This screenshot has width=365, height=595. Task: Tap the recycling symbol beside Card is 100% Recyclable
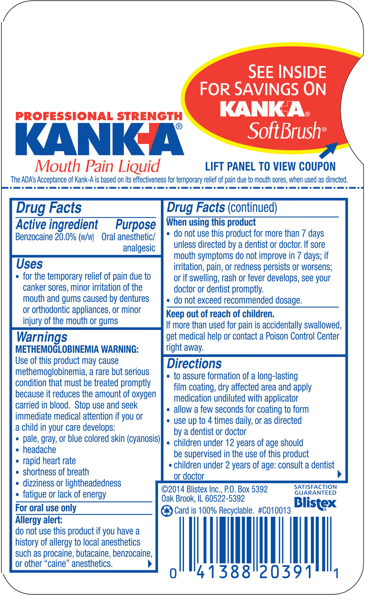click(x=166, y=511)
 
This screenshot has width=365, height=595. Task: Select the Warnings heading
click(x=42, y=337)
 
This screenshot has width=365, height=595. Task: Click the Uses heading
click(x=29, y=264)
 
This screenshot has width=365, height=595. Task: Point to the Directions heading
click(x=194, y=364)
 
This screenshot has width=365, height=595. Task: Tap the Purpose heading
click(x=136, y=225)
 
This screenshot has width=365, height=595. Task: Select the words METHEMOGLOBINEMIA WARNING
click(x=77, y=349)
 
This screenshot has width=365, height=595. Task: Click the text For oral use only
click(x=46, y=508)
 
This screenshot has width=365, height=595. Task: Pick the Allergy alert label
click(x=39, y=520)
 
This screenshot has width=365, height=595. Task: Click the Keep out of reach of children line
click(x=220, y=314)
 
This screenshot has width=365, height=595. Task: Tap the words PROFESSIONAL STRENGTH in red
click(x=99, y=116)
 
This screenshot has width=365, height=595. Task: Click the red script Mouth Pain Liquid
click(x=97, y=166)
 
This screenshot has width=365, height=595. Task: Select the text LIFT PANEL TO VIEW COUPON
click(x=270, y=167)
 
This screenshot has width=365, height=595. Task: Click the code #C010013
click(x=274, y=511)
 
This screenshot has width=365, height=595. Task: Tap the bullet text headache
click(x=40, y=450)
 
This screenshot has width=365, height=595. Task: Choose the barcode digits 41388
click(x=224, y=572)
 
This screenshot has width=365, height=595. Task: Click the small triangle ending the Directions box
click(x=340, y=474)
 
